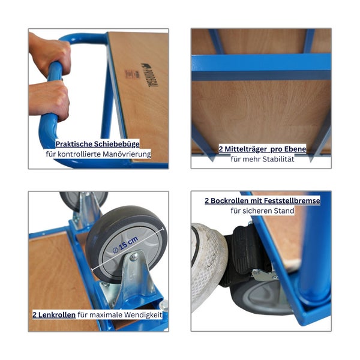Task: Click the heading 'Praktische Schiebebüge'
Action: (97, 144)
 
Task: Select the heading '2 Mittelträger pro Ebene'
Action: (262, 149)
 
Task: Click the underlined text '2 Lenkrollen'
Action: (54, 314)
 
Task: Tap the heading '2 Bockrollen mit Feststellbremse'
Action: (262, 200)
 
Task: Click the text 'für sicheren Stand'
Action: (262, 211)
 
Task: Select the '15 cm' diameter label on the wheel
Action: (125, 245)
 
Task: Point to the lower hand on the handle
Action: (49, 99)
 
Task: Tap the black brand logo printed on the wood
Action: (149, 75)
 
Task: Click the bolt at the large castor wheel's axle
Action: (134, 256)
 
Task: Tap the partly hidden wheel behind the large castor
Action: (83, 200)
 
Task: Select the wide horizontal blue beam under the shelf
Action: (261, 67)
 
